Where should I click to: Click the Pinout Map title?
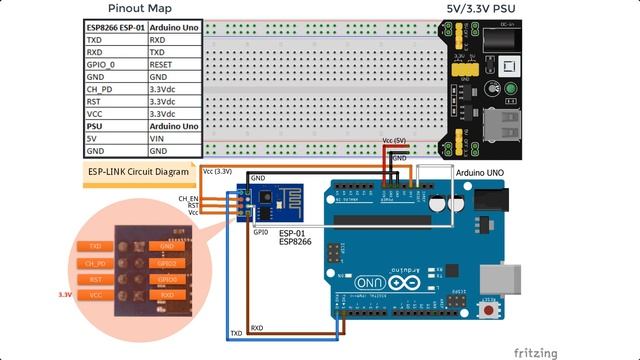coord(137,8)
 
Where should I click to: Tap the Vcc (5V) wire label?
coord(394,142)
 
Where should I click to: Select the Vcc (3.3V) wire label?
coord(217,172)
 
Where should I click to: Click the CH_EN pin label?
coord(188,198)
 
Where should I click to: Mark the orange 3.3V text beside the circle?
coord(66,295)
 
